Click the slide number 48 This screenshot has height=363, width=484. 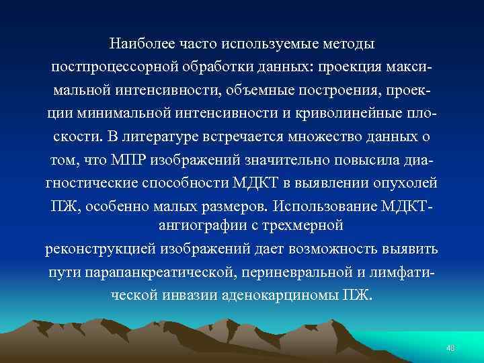coord(450,348)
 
